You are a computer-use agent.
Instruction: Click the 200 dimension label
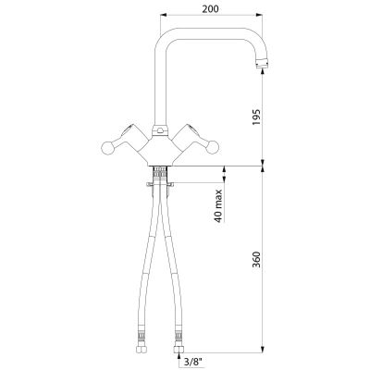(211, 9)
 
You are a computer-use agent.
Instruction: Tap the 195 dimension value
(256, 117)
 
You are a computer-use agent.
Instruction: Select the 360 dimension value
(256, 260)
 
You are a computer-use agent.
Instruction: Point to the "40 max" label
(218, 206)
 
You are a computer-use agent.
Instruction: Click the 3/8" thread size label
(193, 361)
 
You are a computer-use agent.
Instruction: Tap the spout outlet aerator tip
(263, 64)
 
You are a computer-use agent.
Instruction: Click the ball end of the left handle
(108, 148)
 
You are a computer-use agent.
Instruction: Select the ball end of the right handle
(212, 148)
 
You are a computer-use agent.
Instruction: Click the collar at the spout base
(160, 130)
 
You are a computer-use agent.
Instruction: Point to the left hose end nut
(142, 349)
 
